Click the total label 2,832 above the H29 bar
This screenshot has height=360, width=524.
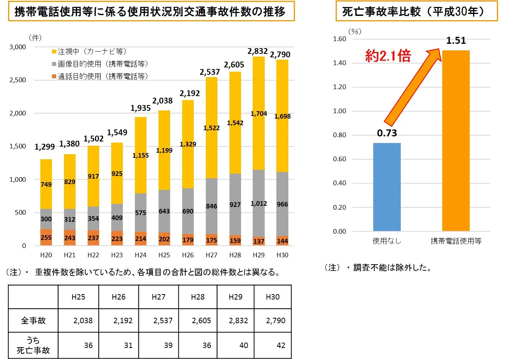click(257, 51)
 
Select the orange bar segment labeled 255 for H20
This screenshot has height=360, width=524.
click(46, 237)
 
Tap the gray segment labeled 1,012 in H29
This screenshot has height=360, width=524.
click(259, 203)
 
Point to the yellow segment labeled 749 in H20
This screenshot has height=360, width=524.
click(46, 184)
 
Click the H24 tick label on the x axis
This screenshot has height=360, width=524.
click(140, 255)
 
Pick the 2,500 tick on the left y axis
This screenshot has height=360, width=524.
click(18, 80)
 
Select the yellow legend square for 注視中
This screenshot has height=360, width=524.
click(54, 52)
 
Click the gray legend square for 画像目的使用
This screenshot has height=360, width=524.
click(54, 64)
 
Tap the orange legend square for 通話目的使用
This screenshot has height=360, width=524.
click(54, 76)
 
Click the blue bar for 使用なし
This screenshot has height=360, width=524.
click(387, 187)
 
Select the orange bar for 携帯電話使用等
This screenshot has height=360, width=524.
click(456, 141)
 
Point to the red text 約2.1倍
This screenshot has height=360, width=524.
click(388, 56)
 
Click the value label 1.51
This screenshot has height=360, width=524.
click(456, 40)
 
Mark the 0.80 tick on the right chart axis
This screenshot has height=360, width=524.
click(340, 135)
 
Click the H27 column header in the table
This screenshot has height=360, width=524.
click(159, 297)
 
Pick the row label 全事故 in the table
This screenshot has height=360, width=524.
click(33, 320)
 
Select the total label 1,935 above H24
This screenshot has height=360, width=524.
click(141, 108)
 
